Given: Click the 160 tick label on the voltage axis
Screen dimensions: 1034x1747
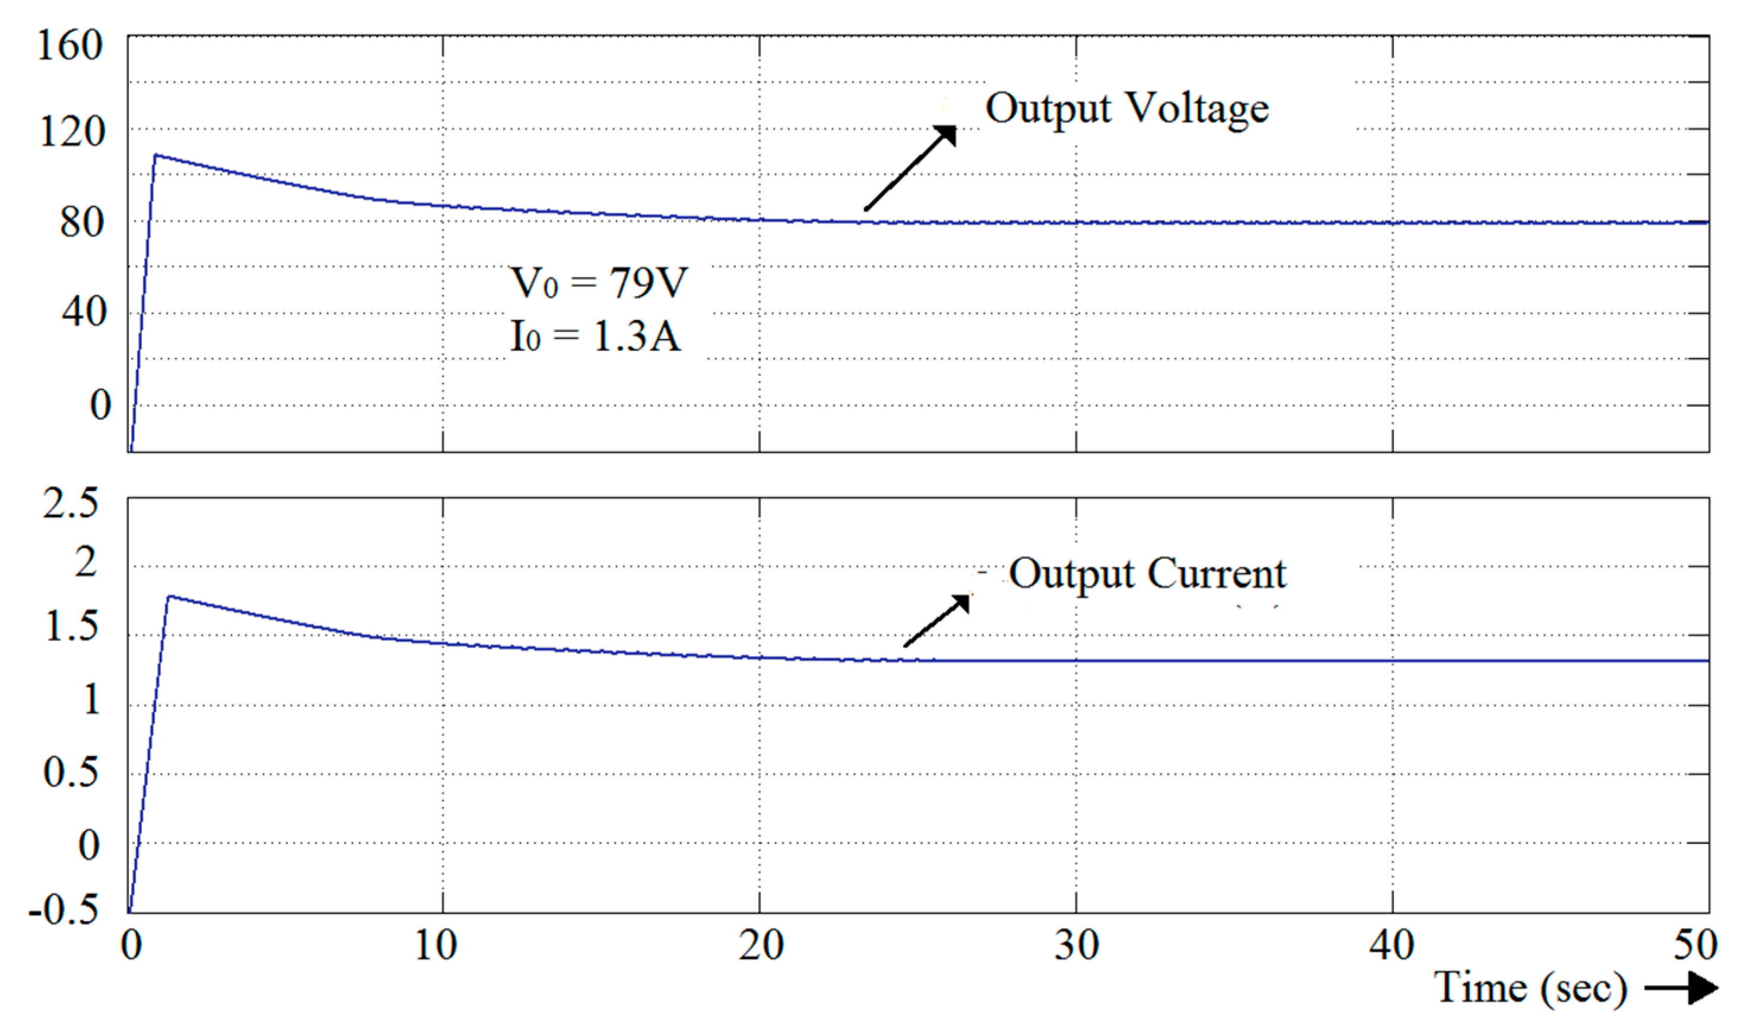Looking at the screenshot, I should (x=69, y=46).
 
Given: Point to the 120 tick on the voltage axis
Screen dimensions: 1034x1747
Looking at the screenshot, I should (x=72, y=131).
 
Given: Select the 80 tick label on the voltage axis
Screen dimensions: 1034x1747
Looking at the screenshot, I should (x=81, y=224).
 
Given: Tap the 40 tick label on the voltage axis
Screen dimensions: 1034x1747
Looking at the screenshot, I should (x=84, y=312).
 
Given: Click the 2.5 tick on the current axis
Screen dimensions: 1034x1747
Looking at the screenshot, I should (x=71, y=503).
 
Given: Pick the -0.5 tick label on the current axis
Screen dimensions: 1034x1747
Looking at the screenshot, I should (x=64, y=910).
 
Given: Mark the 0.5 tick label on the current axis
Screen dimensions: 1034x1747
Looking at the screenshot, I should (x=71, y=772).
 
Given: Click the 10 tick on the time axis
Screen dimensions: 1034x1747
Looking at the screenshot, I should (x=435, y=946).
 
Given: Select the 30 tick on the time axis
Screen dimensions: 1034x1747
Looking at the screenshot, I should (x=1077, y=946).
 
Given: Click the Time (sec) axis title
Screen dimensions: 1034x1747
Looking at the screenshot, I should (x=1530, y=988).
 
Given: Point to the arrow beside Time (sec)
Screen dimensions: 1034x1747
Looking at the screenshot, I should (x=1681, y=989).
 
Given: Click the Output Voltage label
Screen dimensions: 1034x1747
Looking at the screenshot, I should (x=1127, y=110).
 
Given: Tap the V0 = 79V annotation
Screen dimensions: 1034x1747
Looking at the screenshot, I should (x=599, y=283).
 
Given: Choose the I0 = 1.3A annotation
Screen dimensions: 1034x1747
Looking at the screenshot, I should (x=595, y=336).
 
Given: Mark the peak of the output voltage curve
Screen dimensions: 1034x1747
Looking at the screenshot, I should (x=156, y=155).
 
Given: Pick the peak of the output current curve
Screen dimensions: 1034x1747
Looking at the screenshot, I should (x=169, y=597).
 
